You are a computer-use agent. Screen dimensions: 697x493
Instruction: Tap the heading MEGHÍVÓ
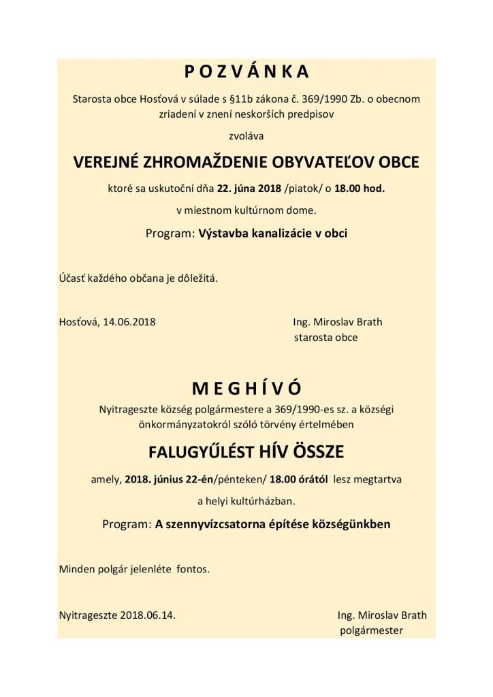coord(246,387)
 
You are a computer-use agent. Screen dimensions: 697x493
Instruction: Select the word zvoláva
coord(246,136)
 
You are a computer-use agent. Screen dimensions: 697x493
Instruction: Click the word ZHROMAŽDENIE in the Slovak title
coord(225,163)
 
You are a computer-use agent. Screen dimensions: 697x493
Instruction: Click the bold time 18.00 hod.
coord(359,189)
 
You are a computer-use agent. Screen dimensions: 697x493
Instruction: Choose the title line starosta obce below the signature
coord(326,336)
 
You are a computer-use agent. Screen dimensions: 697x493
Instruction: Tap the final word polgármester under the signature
coord(371,630)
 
